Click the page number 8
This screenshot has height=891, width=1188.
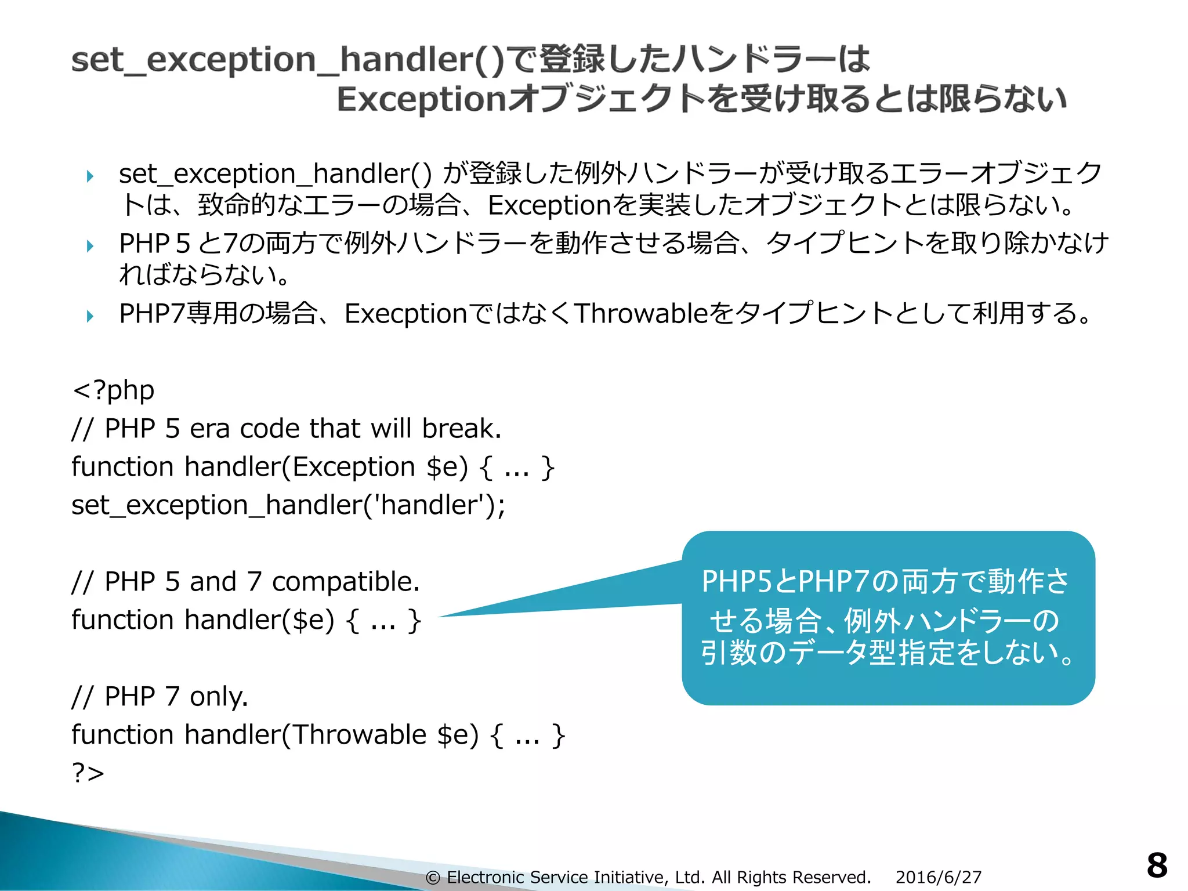coord(1157,865)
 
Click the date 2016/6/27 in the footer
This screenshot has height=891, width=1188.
coord(938,877)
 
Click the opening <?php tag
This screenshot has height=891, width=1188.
coord(114,390)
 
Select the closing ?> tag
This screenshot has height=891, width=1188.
coord(88,773)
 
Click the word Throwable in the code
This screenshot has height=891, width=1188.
coord(359,735)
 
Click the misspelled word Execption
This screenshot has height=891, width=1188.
coord(405,314)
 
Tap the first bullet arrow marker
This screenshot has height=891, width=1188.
coord(90,176)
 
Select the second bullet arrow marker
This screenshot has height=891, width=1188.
coord(90,246)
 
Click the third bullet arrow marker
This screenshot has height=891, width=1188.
coord(90,316)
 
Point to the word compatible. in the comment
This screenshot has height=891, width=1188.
coord(346,582)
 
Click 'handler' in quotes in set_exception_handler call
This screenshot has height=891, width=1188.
coord(433,505)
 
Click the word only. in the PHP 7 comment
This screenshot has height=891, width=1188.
coord(219,696)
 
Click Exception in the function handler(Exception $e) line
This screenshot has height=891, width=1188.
coord(353,467)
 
